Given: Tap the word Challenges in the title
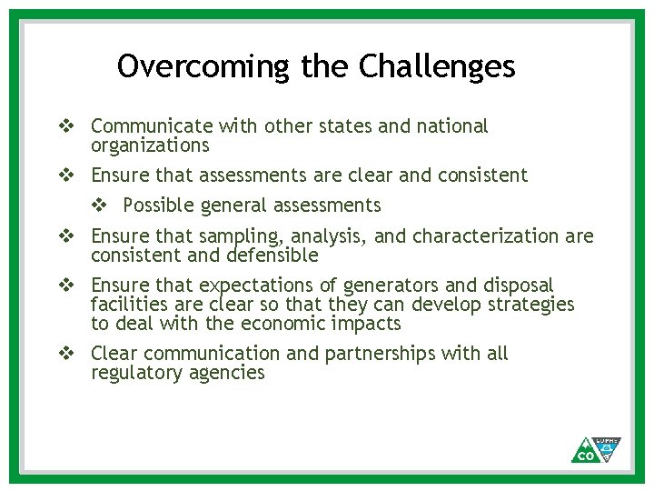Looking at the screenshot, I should pos(437,66).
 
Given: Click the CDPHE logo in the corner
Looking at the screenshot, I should pos(597,449).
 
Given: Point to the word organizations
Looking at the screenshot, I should pos(150,146).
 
